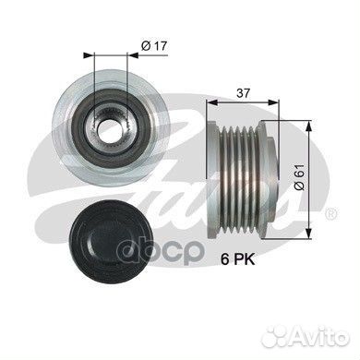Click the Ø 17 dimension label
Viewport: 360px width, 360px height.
[154, 46]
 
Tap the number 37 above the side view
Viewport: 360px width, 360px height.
[243, 93]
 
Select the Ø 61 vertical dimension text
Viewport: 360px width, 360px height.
[299, 177]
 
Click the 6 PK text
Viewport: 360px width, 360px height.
[238, 260]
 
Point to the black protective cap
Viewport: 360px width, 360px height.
[111, 239]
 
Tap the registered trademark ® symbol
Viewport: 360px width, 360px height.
[331, 213]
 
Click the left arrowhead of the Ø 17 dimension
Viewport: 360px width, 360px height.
[88, 55]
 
